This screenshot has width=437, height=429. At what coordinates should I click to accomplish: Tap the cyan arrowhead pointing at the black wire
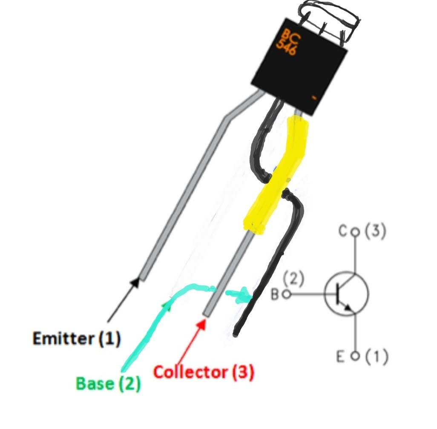(x=244, y=295)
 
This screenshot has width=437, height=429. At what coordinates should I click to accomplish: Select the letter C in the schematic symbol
(x=343, y=232)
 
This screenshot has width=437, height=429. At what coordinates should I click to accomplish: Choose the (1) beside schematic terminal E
(x=376, y=357)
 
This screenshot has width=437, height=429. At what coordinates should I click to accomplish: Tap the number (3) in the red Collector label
(x=242, y=372)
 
